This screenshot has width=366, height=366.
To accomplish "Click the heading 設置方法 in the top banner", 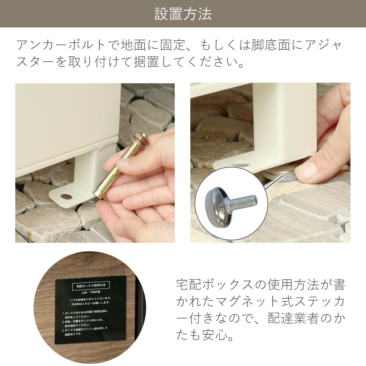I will (x=183, y=14).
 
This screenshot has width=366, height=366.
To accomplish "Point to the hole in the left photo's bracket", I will (x=65, y=195).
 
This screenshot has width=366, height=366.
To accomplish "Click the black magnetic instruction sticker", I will (x=91, y=308).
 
